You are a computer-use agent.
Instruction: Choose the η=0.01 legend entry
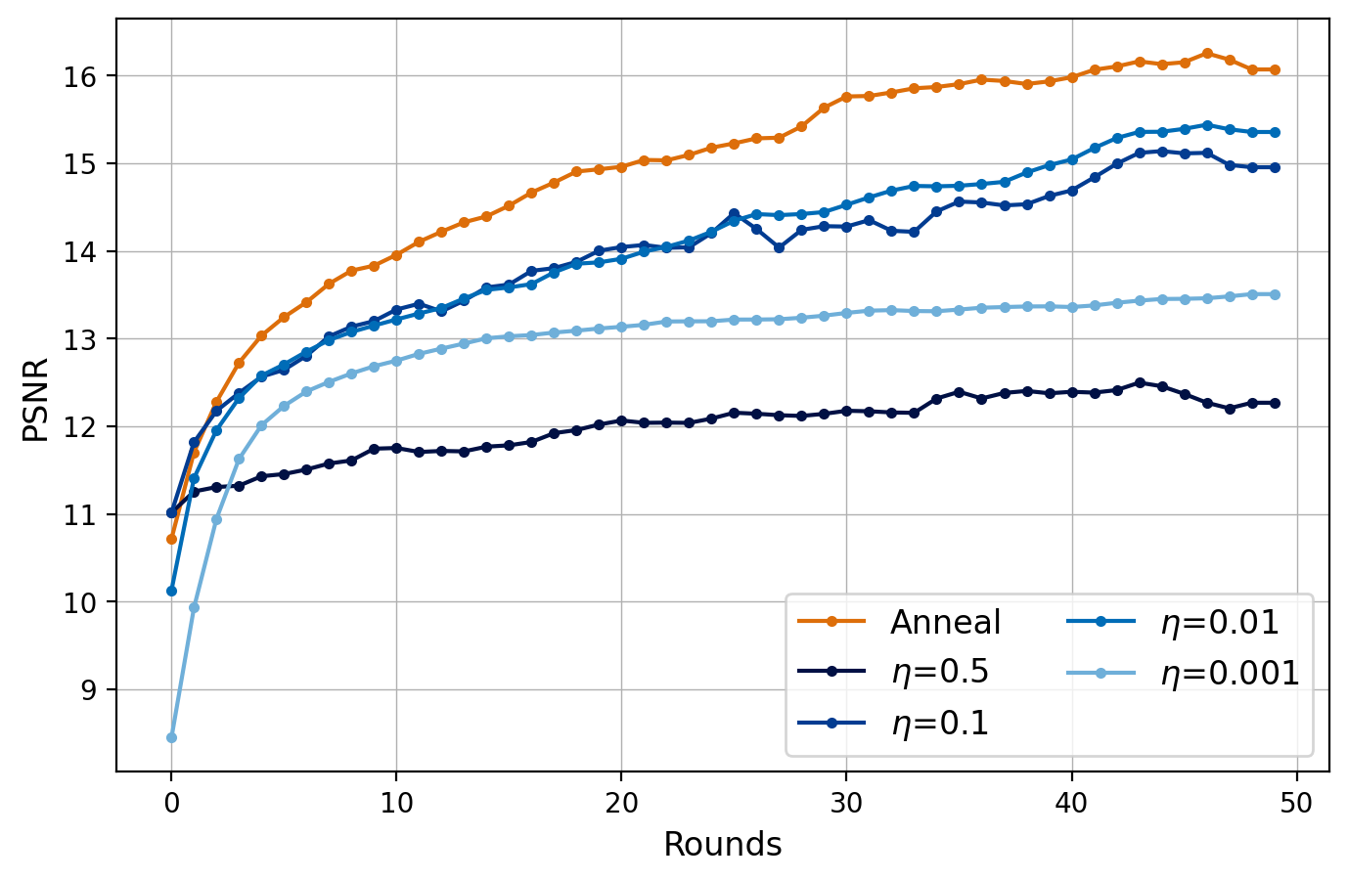[x=1219, y=622]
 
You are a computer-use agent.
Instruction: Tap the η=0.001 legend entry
[x=1230, y=673]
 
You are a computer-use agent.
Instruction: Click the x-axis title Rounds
[x=723, y=845]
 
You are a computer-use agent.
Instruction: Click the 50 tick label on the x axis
[x=1297, y=803]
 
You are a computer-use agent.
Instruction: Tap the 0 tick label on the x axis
[x=171, y=803]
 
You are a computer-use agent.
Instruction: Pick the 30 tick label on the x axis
[x=846, y=803]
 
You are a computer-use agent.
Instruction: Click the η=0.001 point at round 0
[x=171, y=737]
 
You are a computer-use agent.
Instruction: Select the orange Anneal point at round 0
[x=171, y=539]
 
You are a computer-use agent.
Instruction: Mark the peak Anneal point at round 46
[x=1207, y=53]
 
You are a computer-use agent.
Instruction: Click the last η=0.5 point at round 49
[x=1275, y=403]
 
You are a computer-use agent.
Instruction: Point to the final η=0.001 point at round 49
[x=1275, y=294]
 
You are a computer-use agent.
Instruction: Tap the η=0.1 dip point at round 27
[x=780, y=247]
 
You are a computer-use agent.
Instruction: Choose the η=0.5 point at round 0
[x=171, y=512]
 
